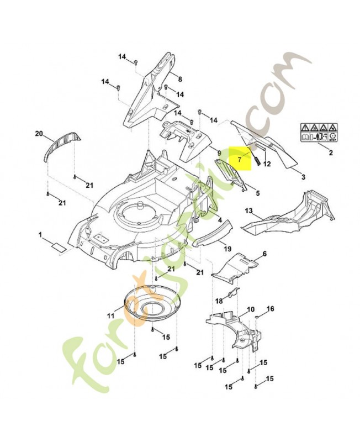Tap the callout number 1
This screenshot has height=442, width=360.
(40, 235)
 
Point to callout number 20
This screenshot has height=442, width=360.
(39, 134)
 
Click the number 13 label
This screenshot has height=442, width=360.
(248, 211)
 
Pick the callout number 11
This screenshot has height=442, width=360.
(110, 315)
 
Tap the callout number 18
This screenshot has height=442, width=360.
(219, 301)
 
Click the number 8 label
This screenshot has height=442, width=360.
(179, 79)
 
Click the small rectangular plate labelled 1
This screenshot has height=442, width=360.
(59, 246)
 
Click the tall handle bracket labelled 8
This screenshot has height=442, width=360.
(148, 94)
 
